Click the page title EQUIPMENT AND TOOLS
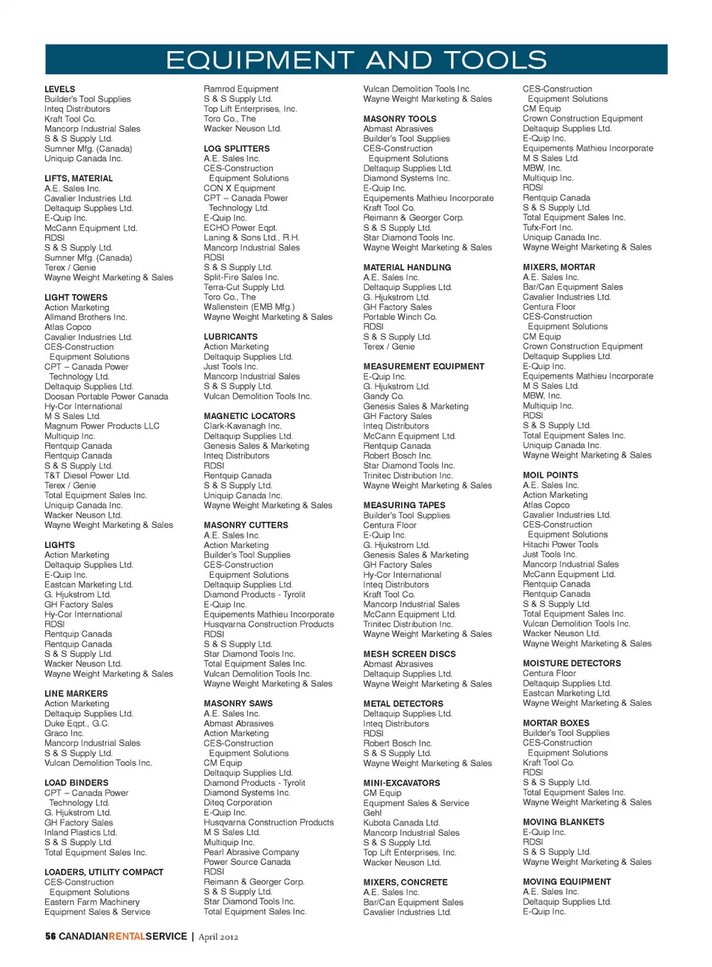pyautogui.click(x=356, y=60)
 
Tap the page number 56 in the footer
pyautogui.click(x=50, y=937)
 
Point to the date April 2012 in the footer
pyautogui.click(x=218, y=937)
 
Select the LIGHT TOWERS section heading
pyautogui.click(x=76, y=297)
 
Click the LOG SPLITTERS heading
pyautogui.click(x=237, y=148)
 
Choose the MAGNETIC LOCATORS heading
pyautogui.click(x=249, y=416)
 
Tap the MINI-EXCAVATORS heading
pyautogui.click(x=401, y=783)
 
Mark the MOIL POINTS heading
pyautogui.click(x=550, y=475)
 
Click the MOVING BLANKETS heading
pyautogui.click(x=563, y=822)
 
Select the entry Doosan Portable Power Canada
pyautogui.click(x=106, y=397)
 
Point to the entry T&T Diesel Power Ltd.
pyautogui.click(x=87, y=475)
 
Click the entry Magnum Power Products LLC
pyautogui.click(x=102, y=426)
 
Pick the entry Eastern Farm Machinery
pyautogui.click(x=92, y=902)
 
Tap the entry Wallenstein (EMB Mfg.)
pyautogui.click(x=249, y=307)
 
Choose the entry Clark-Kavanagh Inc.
pyautogui.click(x=243, y=426)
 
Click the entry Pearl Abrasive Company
pyautogui.click(x=251, y=852)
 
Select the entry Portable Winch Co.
pyautogui.click(x=400, y=317)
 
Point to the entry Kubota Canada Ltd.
pyautogui.click(x=401, y=822)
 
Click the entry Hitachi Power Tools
pyautogui.click(x=560, y=544)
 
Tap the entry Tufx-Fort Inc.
pyautogui.click(x=547, y=228)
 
